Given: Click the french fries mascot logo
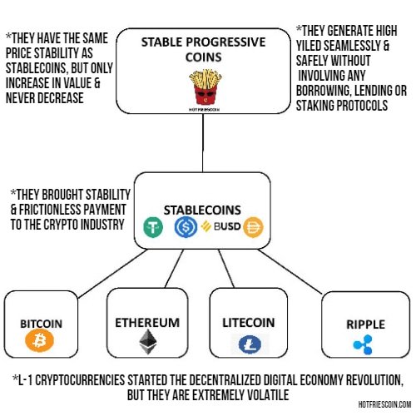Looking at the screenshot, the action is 206,88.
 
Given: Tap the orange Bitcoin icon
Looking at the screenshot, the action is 39,340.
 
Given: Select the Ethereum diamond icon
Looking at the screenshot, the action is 148,342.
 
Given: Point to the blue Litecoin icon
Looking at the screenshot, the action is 250,344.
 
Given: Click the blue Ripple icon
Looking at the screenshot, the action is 363,344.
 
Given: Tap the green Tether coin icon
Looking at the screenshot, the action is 153,227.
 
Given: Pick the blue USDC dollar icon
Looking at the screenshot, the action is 186,227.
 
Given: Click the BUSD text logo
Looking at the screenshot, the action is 220,226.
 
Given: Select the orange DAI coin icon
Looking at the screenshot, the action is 253,227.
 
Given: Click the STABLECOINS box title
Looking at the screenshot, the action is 202,210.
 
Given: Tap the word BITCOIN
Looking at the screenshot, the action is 41,324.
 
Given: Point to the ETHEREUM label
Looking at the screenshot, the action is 147,323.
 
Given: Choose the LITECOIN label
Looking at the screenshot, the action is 249,323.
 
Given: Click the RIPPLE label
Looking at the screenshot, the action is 365,324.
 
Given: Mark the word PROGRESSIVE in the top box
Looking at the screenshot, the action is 225,42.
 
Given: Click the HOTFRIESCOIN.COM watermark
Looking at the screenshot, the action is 384,404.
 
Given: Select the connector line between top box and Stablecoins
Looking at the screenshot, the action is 203,143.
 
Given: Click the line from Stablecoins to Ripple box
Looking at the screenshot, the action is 290,271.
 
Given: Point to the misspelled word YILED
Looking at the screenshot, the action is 309,46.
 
